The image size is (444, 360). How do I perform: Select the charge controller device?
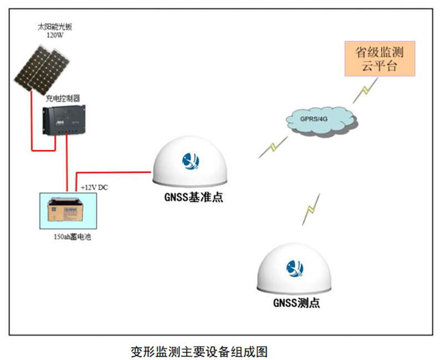click(x=64, y=120)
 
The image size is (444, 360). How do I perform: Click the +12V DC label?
click(x=94, y=188)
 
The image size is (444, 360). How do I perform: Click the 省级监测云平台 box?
click(x=380, y=59)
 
